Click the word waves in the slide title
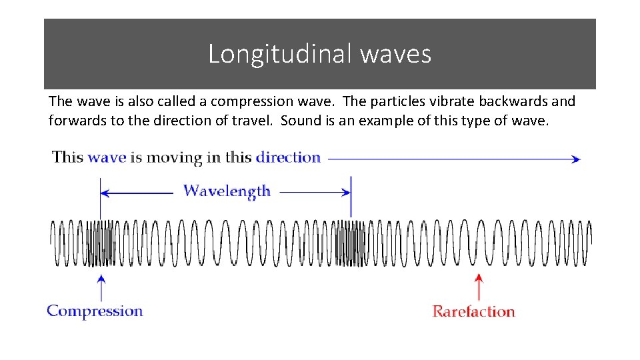(x=395, y=54)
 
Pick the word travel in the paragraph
(x=254, y=121)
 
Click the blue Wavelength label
(x=227, y=191)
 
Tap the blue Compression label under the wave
(x=95, y=311)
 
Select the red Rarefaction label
(x=473, y=311)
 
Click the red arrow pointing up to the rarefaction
(x=477, y=287)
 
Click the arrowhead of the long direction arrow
(x=576, y=159)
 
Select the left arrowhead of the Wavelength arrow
(x=104, y=193)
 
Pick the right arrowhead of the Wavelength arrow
(x=346, y=193)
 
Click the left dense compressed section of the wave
(x=100, y=243)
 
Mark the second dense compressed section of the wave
(x=351, y=243)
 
